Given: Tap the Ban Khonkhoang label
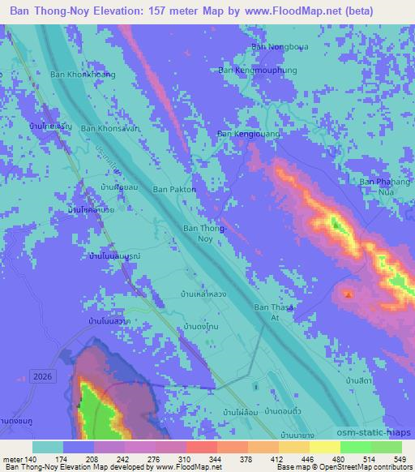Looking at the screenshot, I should (x=83, y=75).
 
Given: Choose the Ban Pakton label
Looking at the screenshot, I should (x=175, y=189).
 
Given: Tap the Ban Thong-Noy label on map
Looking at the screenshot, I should (x=199, y=234).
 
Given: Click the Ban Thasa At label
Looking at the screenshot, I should (x=273, y=312).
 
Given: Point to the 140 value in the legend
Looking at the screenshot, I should (x=31, y=458).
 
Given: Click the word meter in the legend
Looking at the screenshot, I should (x=11, y=458).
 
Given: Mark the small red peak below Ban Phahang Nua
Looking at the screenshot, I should (x=349, y=294).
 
